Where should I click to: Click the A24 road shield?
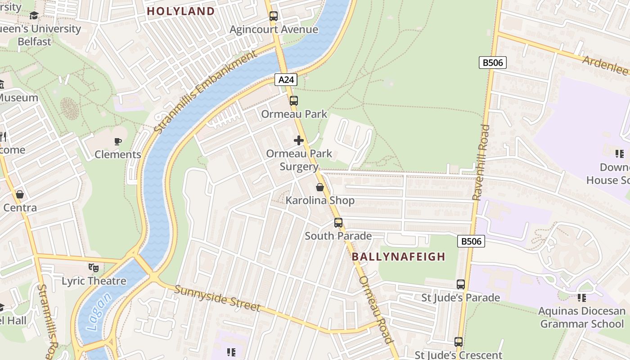coord(286,80)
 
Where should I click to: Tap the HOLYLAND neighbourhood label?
coord(181,11)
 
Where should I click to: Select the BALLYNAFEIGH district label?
coord(398,256)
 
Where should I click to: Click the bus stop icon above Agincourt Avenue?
coord(274,16)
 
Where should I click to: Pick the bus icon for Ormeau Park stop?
coord(294,101)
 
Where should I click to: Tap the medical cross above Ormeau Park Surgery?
coord(299,140)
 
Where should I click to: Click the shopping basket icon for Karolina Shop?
coord(320,187)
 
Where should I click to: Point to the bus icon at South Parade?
coord(338,223)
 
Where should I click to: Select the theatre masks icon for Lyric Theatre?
coord(94,268)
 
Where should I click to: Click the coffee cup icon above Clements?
coord(118,141)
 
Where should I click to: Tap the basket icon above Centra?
coord(20,194)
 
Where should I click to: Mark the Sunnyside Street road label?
coord(217,298)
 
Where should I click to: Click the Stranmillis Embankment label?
coord(204,92)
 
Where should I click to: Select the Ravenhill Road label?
coord(480,162)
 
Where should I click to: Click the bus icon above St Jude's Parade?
coord(460,284)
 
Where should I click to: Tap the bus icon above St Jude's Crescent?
coord(458,342)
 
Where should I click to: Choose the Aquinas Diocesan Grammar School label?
coord(582,317)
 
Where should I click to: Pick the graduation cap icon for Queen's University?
coord(34,16)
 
